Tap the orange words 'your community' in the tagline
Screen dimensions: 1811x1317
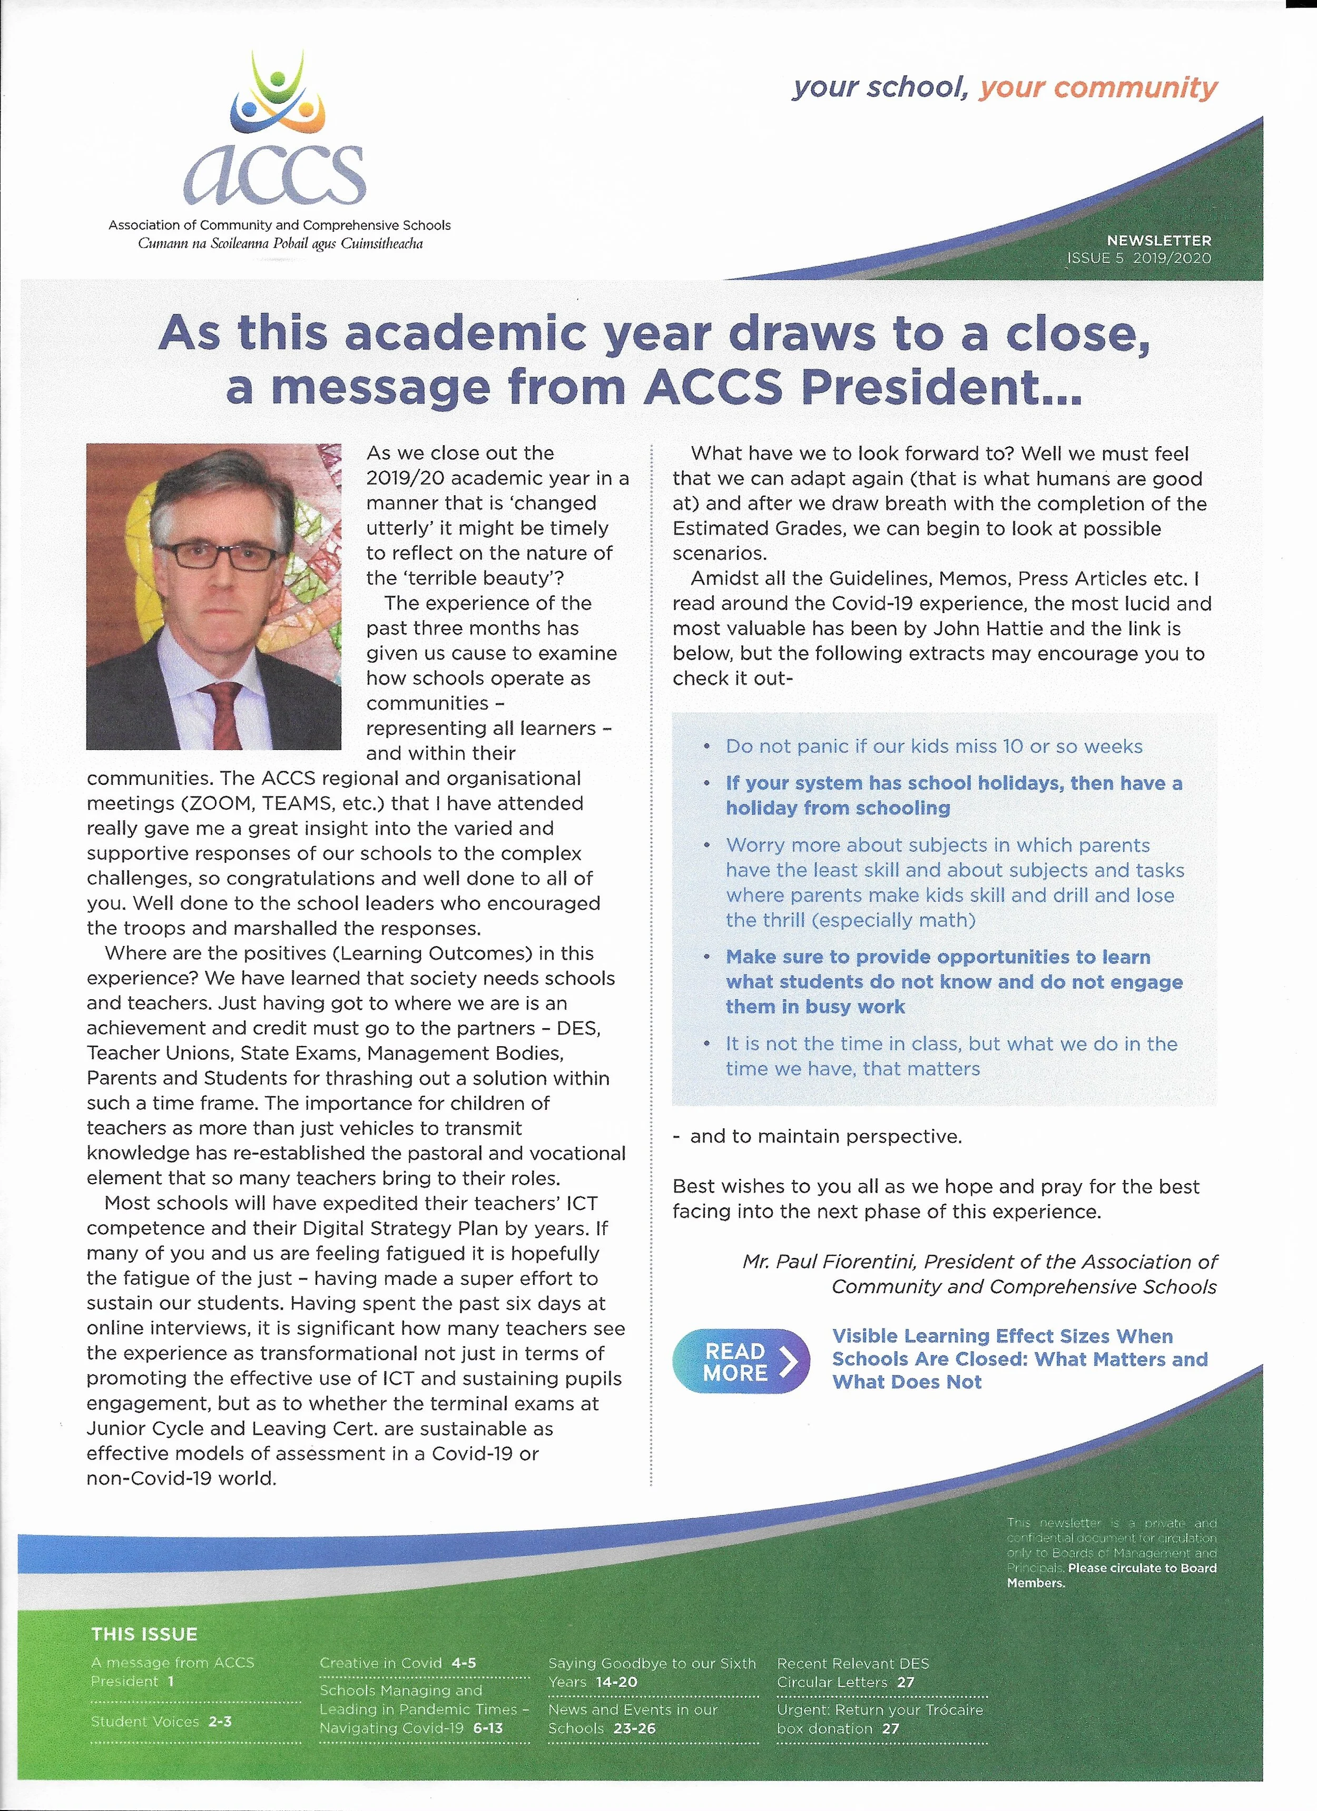[x=1098, y=88]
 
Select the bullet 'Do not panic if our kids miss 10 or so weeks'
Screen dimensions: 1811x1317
[x=933, y=746]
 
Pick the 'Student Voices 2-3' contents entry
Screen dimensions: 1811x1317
[x=161, y=1721]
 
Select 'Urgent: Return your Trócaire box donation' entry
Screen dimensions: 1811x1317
[x=879, y=1718]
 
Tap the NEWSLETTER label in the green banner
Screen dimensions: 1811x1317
[x=1158, y=240]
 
